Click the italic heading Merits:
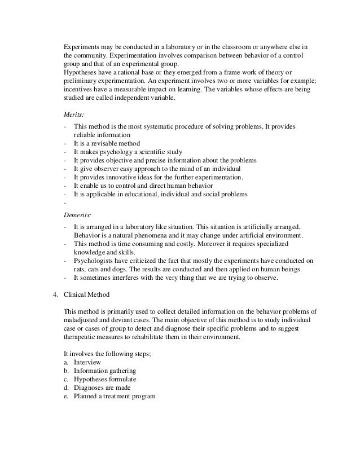coord(72,113)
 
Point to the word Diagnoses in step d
coord(91,387)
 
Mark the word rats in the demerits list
coord(80,269)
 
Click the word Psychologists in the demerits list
coord(96,261)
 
